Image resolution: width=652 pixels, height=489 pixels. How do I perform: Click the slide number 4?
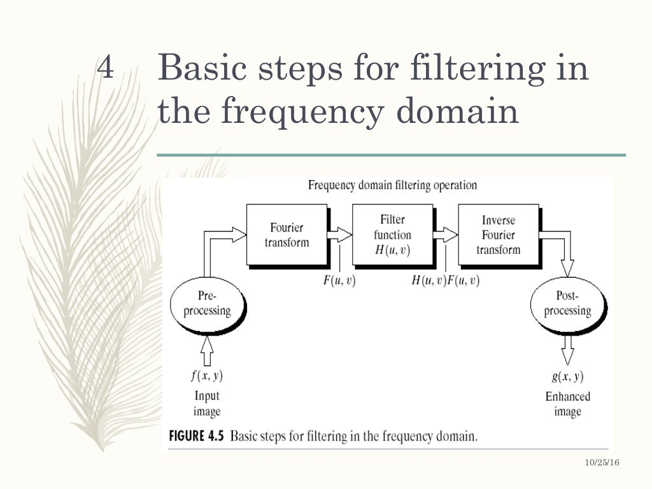pos(106,67)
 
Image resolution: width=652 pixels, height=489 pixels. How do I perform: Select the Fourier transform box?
pos(287,234)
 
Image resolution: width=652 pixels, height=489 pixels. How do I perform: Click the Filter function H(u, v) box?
pos(392,234)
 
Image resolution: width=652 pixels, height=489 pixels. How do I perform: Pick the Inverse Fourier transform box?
pos(498,234)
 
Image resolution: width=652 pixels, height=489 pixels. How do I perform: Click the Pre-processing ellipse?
pos(206,304)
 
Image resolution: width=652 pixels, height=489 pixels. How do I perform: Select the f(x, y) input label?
pos(206,376)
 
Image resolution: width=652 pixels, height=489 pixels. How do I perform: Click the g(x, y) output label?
pos(567,376)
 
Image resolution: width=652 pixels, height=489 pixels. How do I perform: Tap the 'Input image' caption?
pos(206,404)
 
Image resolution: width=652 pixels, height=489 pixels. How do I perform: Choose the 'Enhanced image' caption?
pos(567,404)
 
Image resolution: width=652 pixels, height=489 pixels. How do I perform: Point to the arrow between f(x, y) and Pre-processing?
pos(206,348)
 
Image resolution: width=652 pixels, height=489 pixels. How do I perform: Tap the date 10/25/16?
pos(602,463)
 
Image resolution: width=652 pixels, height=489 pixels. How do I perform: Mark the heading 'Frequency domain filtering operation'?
pos(392,185)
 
